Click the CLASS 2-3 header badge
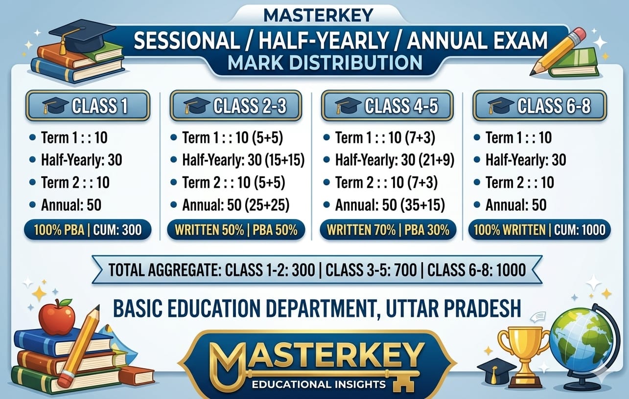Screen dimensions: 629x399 tap(235, 106)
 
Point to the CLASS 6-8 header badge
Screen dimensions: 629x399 tap(539, 106)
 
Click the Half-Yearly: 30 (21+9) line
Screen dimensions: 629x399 tap(395, 160)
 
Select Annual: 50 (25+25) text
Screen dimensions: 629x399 tap(235, 205)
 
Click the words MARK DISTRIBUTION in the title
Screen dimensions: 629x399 tap(325, 63)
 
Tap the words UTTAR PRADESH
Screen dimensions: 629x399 tap(453, 309)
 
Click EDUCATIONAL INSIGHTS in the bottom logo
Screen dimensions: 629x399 tap(319, 384)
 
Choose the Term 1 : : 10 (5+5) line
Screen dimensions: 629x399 tap(233, 137)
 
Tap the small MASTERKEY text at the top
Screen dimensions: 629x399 tap(318, 16)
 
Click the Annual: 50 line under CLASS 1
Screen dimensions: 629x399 tap(71, 205)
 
